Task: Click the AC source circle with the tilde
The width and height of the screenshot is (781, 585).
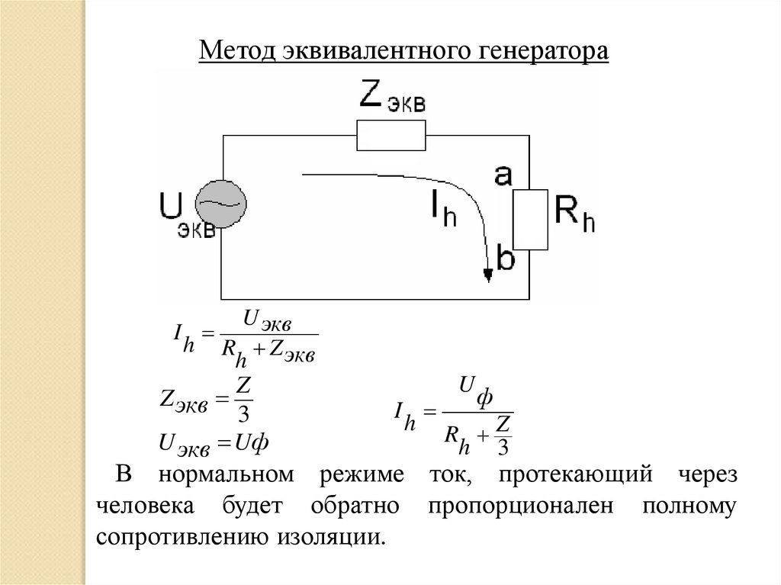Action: coord(222,204)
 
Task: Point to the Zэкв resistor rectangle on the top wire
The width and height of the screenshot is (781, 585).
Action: coord(390,137)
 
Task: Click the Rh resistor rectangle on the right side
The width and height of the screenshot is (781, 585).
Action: coord(531,220)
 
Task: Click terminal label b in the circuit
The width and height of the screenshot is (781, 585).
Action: coord(505,258)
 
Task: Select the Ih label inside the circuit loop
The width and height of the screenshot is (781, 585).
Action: coord(440,208)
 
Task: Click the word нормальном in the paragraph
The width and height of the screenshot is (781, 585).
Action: coord(227,474)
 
